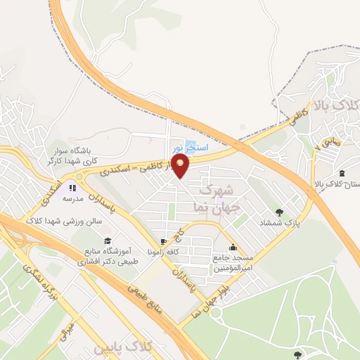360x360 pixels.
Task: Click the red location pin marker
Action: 181,166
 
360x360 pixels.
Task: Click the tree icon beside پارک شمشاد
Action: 281,212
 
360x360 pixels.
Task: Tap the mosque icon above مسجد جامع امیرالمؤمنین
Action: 233,247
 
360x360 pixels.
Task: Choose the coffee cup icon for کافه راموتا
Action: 164,241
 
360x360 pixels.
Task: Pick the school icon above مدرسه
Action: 72,188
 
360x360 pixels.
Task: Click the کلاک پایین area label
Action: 145,348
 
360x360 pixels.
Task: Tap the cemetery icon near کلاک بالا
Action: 342,173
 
